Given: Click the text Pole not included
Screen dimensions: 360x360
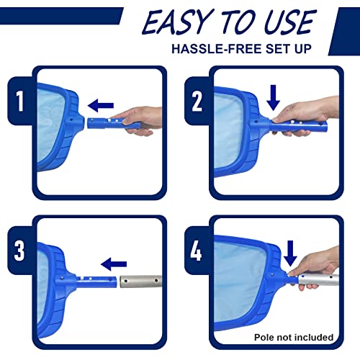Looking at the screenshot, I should (x=294, y=336).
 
